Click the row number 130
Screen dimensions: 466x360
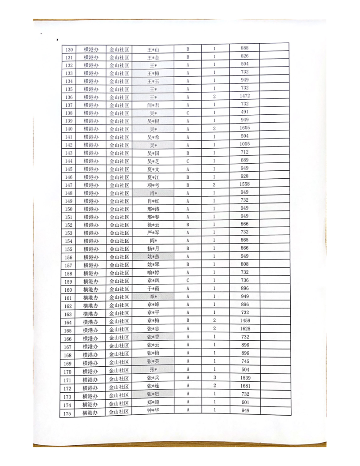[x=68, y=49]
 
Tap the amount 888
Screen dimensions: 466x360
[x=245, y=48]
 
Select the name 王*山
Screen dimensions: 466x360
[x=154, y=49]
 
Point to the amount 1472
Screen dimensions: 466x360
[x=245, y=96]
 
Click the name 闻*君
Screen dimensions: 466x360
[x=154, y=105]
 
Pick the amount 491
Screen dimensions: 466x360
[x=245, y=112]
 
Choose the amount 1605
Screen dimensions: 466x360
[x=245, y=128]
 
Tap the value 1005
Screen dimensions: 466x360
[x=245, y=144]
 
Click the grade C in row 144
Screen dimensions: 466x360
[x=187, y=161]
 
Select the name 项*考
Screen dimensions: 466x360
[x=154, y=185]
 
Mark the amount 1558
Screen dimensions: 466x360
[x=245, y=184]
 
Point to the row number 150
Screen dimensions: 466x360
[x=68, y=209]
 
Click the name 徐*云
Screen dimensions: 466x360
[x=154, y=225]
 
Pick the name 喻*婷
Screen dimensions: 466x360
[x=154, y=273]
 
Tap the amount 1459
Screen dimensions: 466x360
[x=245, y=320]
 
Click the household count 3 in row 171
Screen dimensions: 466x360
[x=214, y=378]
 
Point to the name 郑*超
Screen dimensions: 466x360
[x=154, y=402]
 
